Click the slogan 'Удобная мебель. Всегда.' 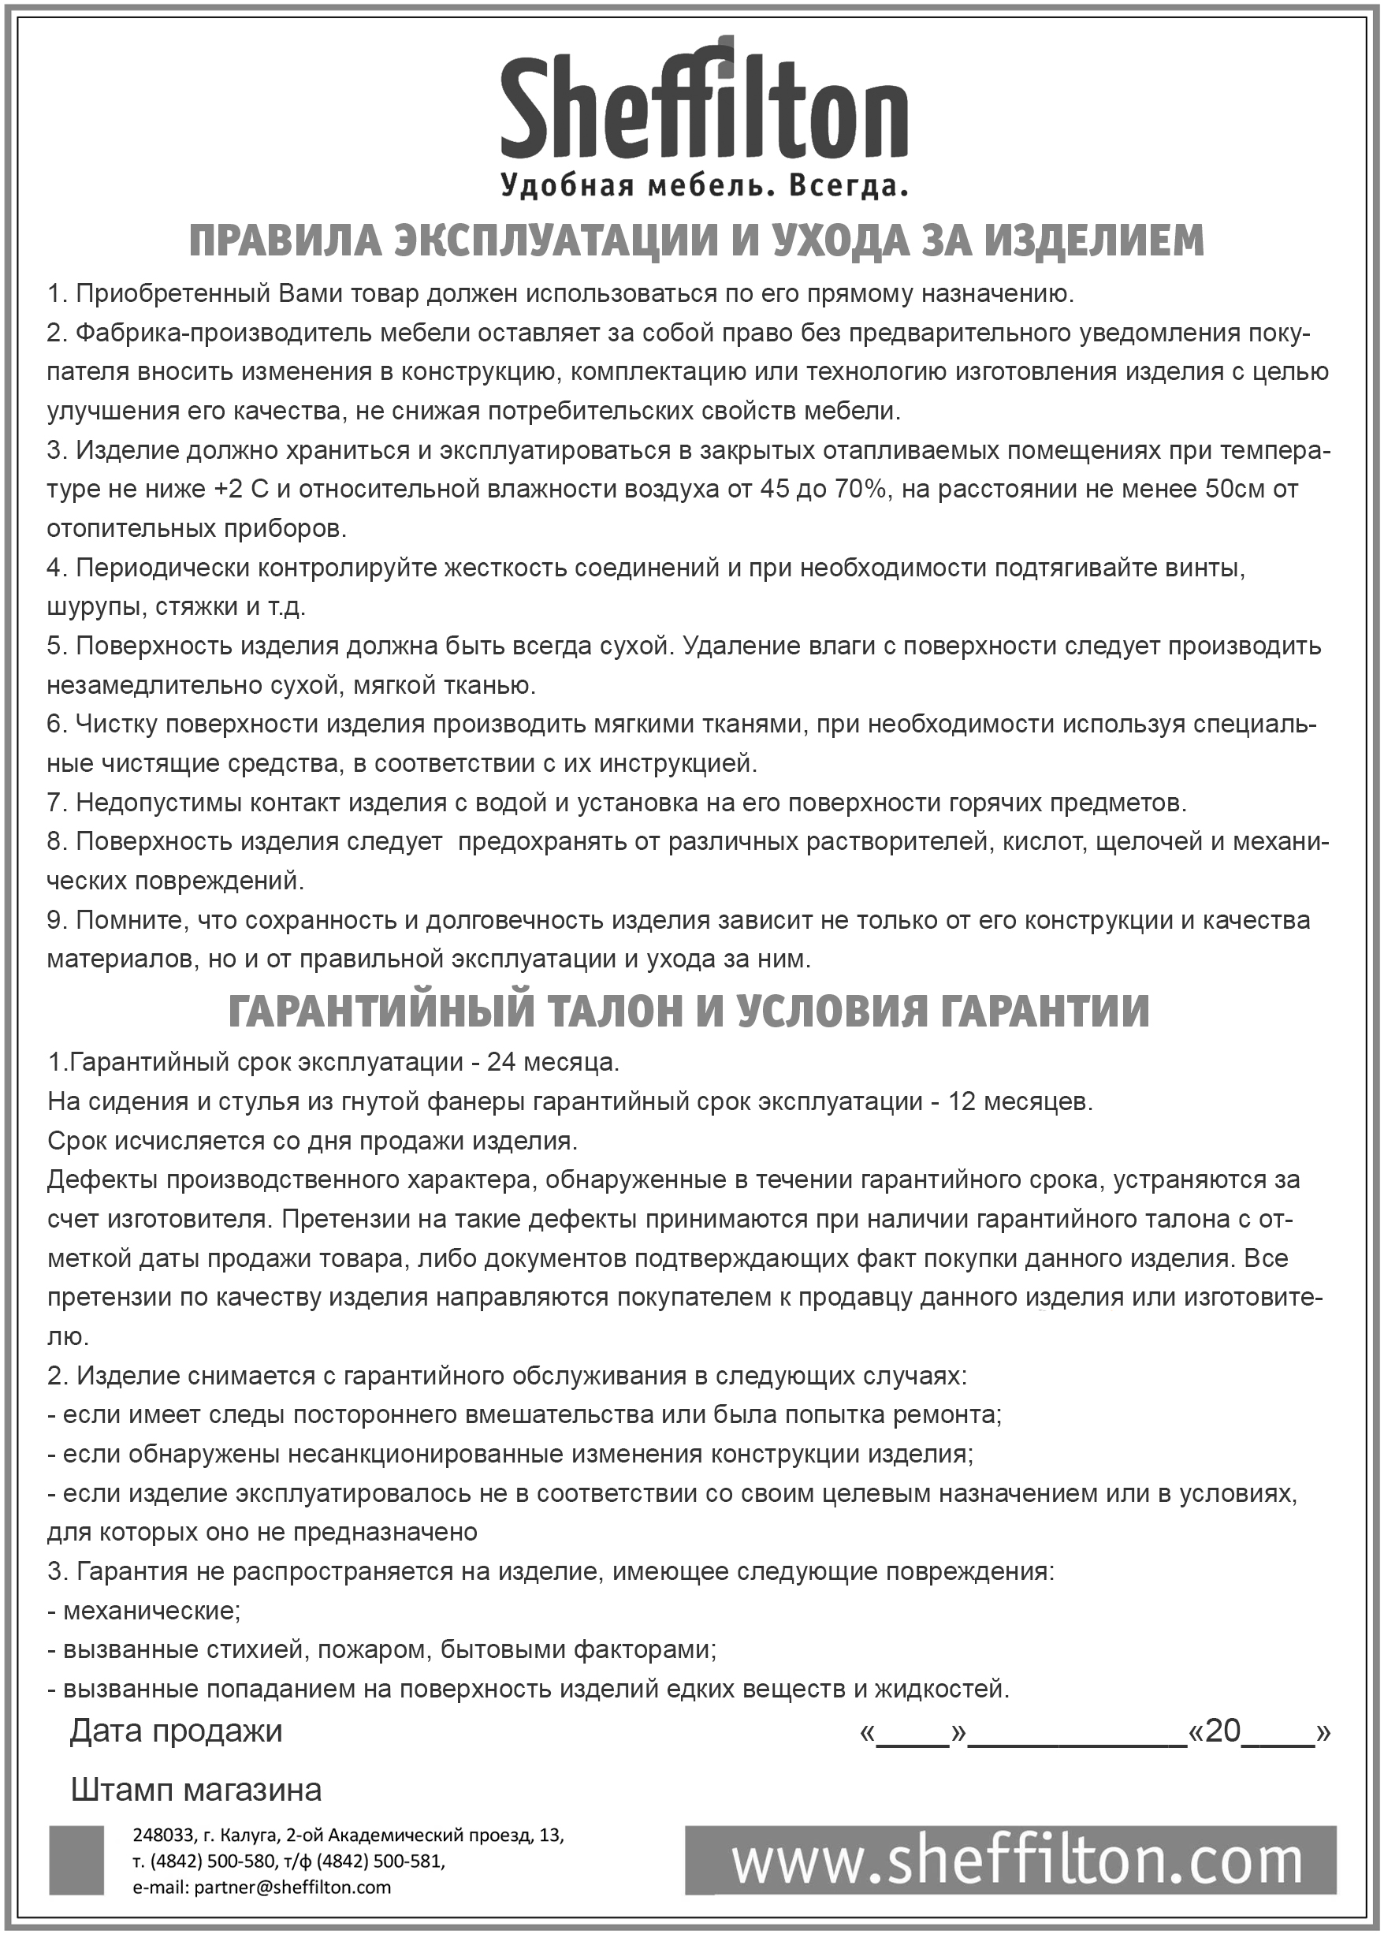point(704,184)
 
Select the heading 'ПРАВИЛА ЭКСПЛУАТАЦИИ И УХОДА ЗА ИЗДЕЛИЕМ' point(695,241)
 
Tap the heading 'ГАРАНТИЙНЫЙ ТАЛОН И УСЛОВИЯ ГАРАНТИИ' point(689,1011)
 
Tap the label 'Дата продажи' point(176,1731)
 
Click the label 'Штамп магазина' point(196,1790)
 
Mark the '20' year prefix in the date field point(1223,1731)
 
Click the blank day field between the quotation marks point(913,1733)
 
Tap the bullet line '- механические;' point(143,1611)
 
